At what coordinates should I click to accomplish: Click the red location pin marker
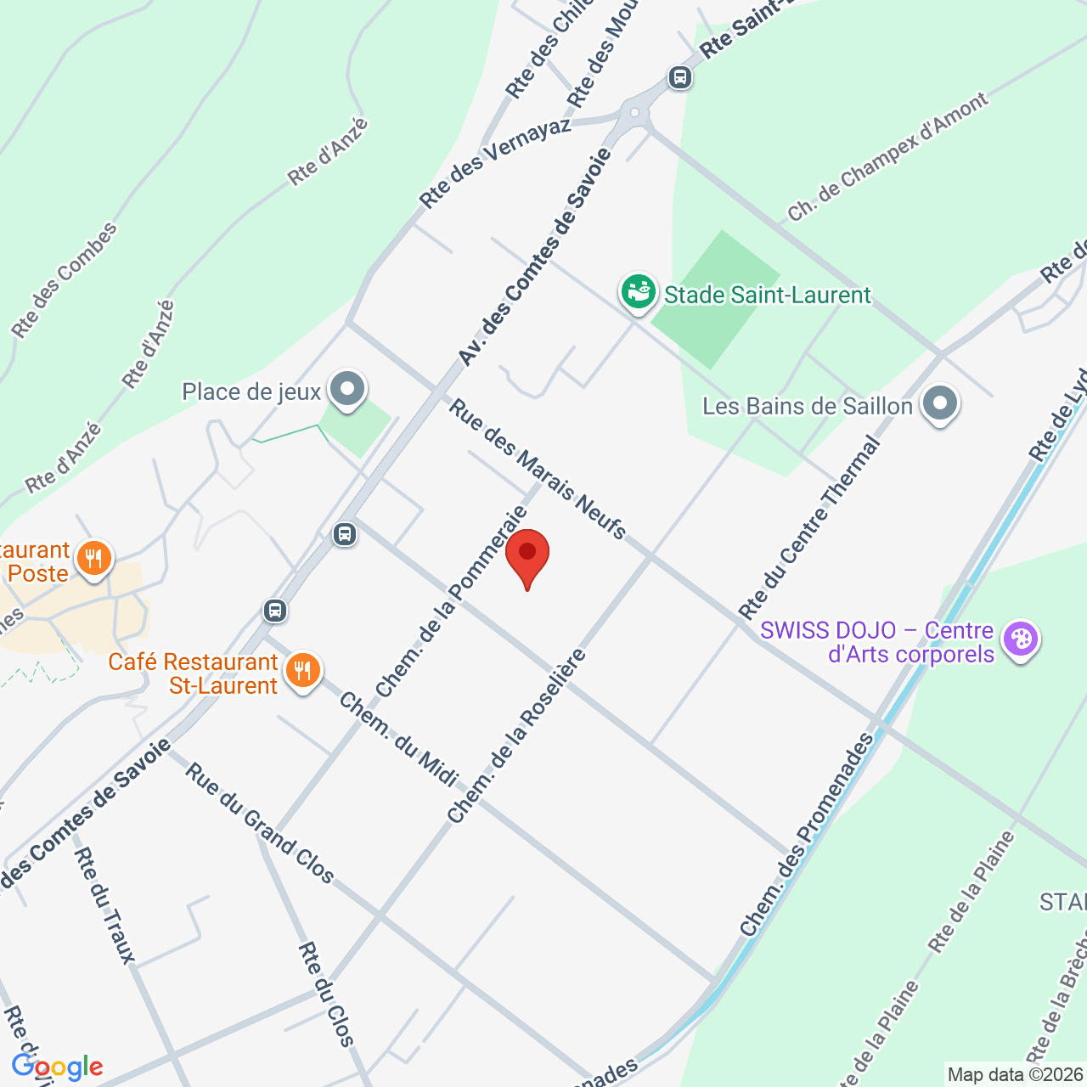click(527, 555)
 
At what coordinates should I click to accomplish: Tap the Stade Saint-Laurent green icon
click(638, 292)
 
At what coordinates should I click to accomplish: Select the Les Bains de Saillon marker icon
click(939, 404)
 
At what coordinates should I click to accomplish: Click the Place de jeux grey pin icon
click(346, 390)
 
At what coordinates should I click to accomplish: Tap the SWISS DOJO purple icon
click(1020, 639)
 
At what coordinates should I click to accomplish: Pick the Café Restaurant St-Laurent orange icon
click(301, 672)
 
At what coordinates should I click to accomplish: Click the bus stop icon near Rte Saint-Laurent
click(679, 77)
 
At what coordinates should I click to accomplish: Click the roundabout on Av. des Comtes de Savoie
click(634, 113)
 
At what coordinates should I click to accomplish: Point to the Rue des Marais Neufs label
click(537, 469)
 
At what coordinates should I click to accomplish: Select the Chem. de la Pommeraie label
click(452, 601)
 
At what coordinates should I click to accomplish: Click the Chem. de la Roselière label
click(517, 735)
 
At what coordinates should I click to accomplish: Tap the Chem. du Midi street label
click(399, 740)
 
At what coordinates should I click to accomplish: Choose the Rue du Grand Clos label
click(260, 823)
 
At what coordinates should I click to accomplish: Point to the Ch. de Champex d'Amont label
click(887, 157)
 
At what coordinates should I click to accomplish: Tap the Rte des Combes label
click(65, 280)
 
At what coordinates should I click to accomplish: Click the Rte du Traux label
click(105, 905)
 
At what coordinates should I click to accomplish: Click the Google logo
click(57, 1067)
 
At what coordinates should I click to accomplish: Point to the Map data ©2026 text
click(1016, 1075)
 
